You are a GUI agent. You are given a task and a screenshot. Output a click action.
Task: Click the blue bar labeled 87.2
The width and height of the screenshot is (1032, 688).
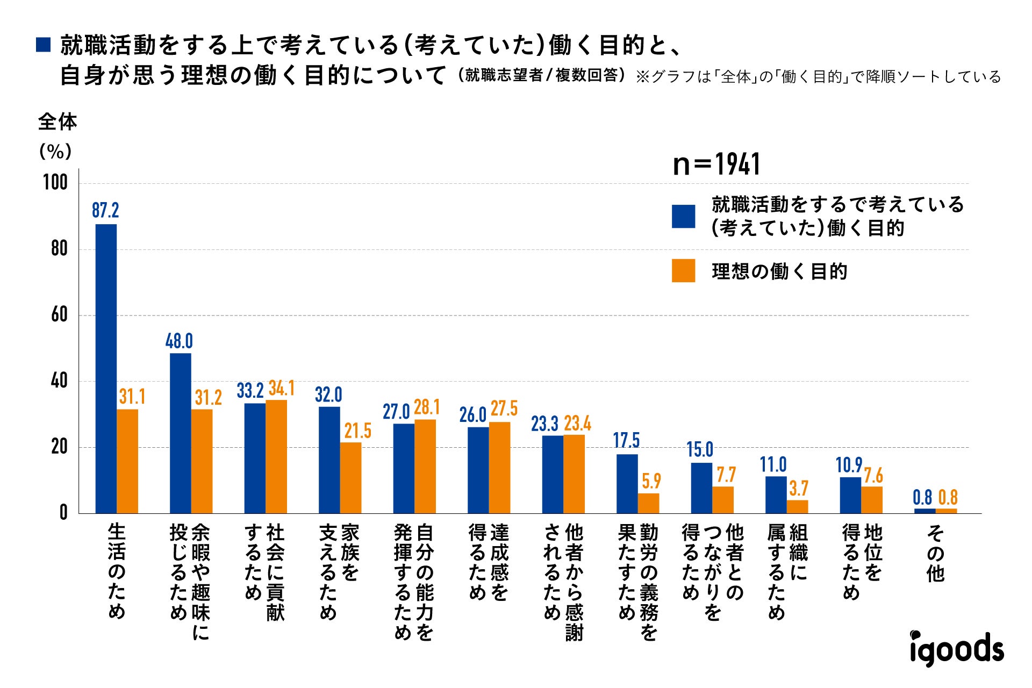tap(106, 368)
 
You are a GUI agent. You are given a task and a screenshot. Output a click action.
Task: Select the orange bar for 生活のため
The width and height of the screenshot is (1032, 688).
tap(127, 461)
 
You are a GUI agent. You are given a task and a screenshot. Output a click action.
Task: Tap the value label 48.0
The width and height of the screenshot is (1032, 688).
tap(179, 341)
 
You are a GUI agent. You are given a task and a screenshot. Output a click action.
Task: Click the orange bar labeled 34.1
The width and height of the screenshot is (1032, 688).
tap(276, 456)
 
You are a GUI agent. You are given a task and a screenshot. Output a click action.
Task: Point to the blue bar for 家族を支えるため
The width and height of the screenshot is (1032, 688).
tap(329, 460)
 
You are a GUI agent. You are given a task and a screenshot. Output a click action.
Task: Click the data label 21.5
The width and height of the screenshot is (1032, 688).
tap(357, 431)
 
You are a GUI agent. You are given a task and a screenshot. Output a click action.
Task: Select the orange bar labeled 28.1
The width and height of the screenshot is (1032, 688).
tap(425, 466)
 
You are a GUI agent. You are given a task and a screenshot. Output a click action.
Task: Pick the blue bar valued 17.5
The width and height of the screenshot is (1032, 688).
tap(627, 483)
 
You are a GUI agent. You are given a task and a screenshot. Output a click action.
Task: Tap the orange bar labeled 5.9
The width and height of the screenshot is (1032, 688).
tap(648, 503)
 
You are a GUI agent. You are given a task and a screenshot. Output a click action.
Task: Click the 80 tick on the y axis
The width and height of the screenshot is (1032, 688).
tap(59, 249)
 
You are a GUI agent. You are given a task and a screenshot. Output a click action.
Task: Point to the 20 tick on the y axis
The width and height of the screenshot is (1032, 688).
tap(59, 447)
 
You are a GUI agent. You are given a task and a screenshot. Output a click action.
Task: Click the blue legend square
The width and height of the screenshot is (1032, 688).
tap(683, 216)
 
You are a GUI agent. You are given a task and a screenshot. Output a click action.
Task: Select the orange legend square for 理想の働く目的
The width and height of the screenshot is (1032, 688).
tap(683, 271)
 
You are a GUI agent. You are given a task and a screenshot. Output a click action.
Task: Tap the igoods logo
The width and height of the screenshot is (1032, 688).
tap(956, 648)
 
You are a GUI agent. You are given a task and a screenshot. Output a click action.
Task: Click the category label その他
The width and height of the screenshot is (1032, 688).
tap(935, 553)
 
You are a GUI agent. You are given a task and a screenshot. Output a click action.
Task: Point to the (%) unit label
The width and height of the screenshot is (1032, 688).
tap(55, 152)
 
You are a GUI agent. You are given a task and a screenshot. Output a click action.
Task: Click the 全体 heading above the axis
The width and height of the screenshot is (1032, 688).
tap(57, 122)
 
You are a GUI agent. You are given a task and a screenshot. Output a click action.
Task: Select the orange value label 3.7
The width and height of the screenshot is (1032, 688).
tap(798, 488)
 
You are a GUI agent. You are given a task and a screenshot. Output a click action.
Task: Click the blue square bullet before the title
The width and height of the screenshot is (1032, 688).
tap(43, 45)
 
